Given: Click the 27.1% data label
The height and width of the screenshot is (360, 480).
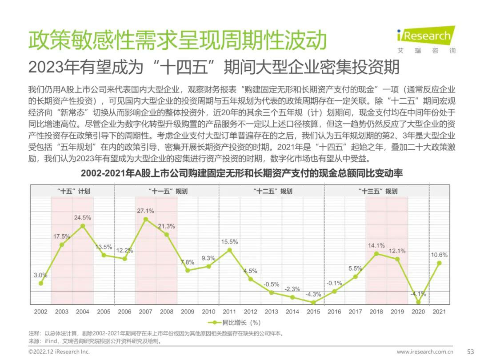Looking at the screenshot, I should [145, 211].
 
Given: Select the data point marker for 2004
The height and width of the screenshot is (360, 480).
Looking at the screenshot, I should [83, 226].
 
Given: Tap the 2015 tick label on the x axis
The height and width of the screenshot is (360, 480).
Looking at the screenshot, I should [313, 312].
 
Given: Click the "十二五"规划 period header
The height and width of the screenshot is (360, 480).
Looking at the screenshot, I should [272, 192].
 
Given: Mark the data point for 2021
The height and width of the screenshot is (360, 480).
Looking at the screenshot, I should [440, 263].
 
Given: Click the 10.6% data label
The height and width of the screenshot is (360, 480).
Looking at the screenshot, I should [439, 255].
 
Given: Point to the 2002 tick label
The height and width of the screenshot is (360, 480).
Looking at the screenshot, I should [41, 312].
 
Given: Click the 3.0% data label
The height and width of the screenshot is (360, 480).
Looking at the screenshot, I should [40, 275].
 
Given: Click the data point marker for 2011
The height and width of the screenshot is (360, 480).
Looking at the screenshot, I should [229, 250].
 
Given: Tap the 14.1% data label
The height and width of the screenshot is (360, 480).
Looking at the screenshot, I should [376, 245].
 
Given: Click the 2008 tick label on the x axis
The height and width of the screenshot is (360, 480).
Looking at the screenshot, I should [167, 312].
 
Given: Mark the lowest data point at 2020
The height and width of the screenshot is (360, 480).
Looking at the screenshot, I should [418, 302].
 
